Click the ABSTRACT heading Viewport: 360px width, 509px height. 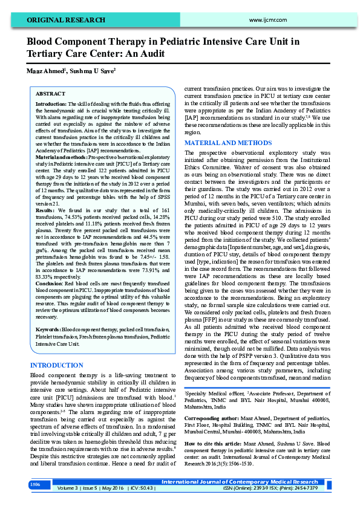pyautogui.click(x=51, y=94)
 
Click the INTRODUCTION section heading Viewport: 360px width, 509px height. pyautogui.click(x=56, y=365)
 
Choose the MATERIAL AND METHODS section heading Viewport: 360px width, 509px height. pyautogui.click(x=224, y=143)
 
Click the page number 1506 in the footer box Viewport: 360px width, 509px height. pyautogui.click(x=35, y=485)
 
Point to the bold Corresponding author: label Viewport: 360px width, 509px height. pyautogui.click(x=214, y=418)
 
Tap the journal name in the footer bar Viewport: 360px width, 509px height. pyautogui.click(x=239, y=482)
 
